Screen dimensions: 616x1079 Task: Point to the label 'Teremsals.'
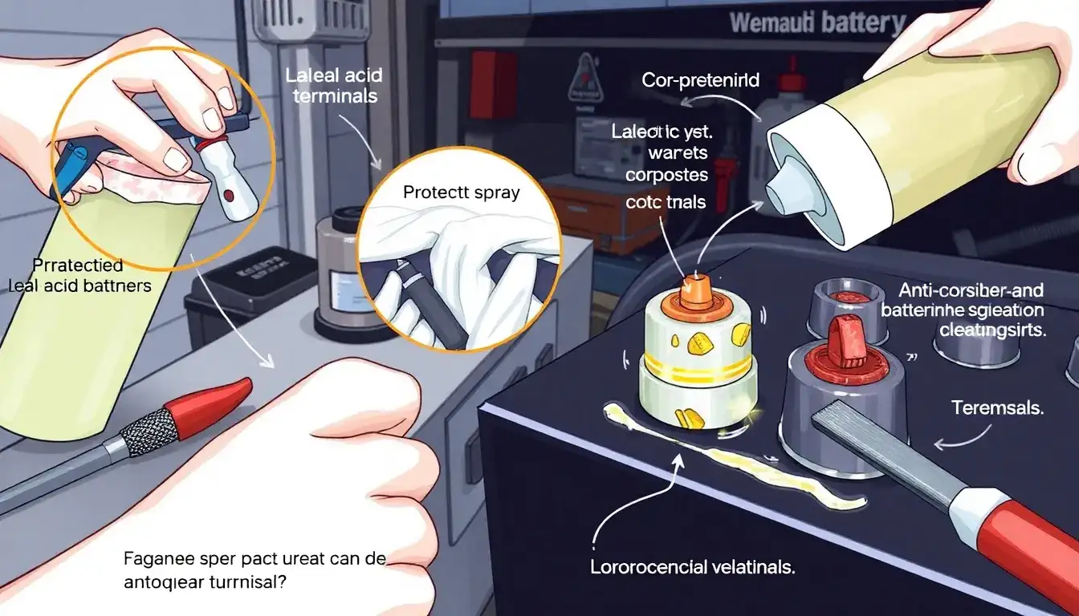997,407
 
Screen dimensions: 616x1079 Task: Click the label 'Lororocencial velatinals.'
692,568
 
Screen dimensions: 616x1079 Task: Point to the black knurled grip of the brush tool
149,432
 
